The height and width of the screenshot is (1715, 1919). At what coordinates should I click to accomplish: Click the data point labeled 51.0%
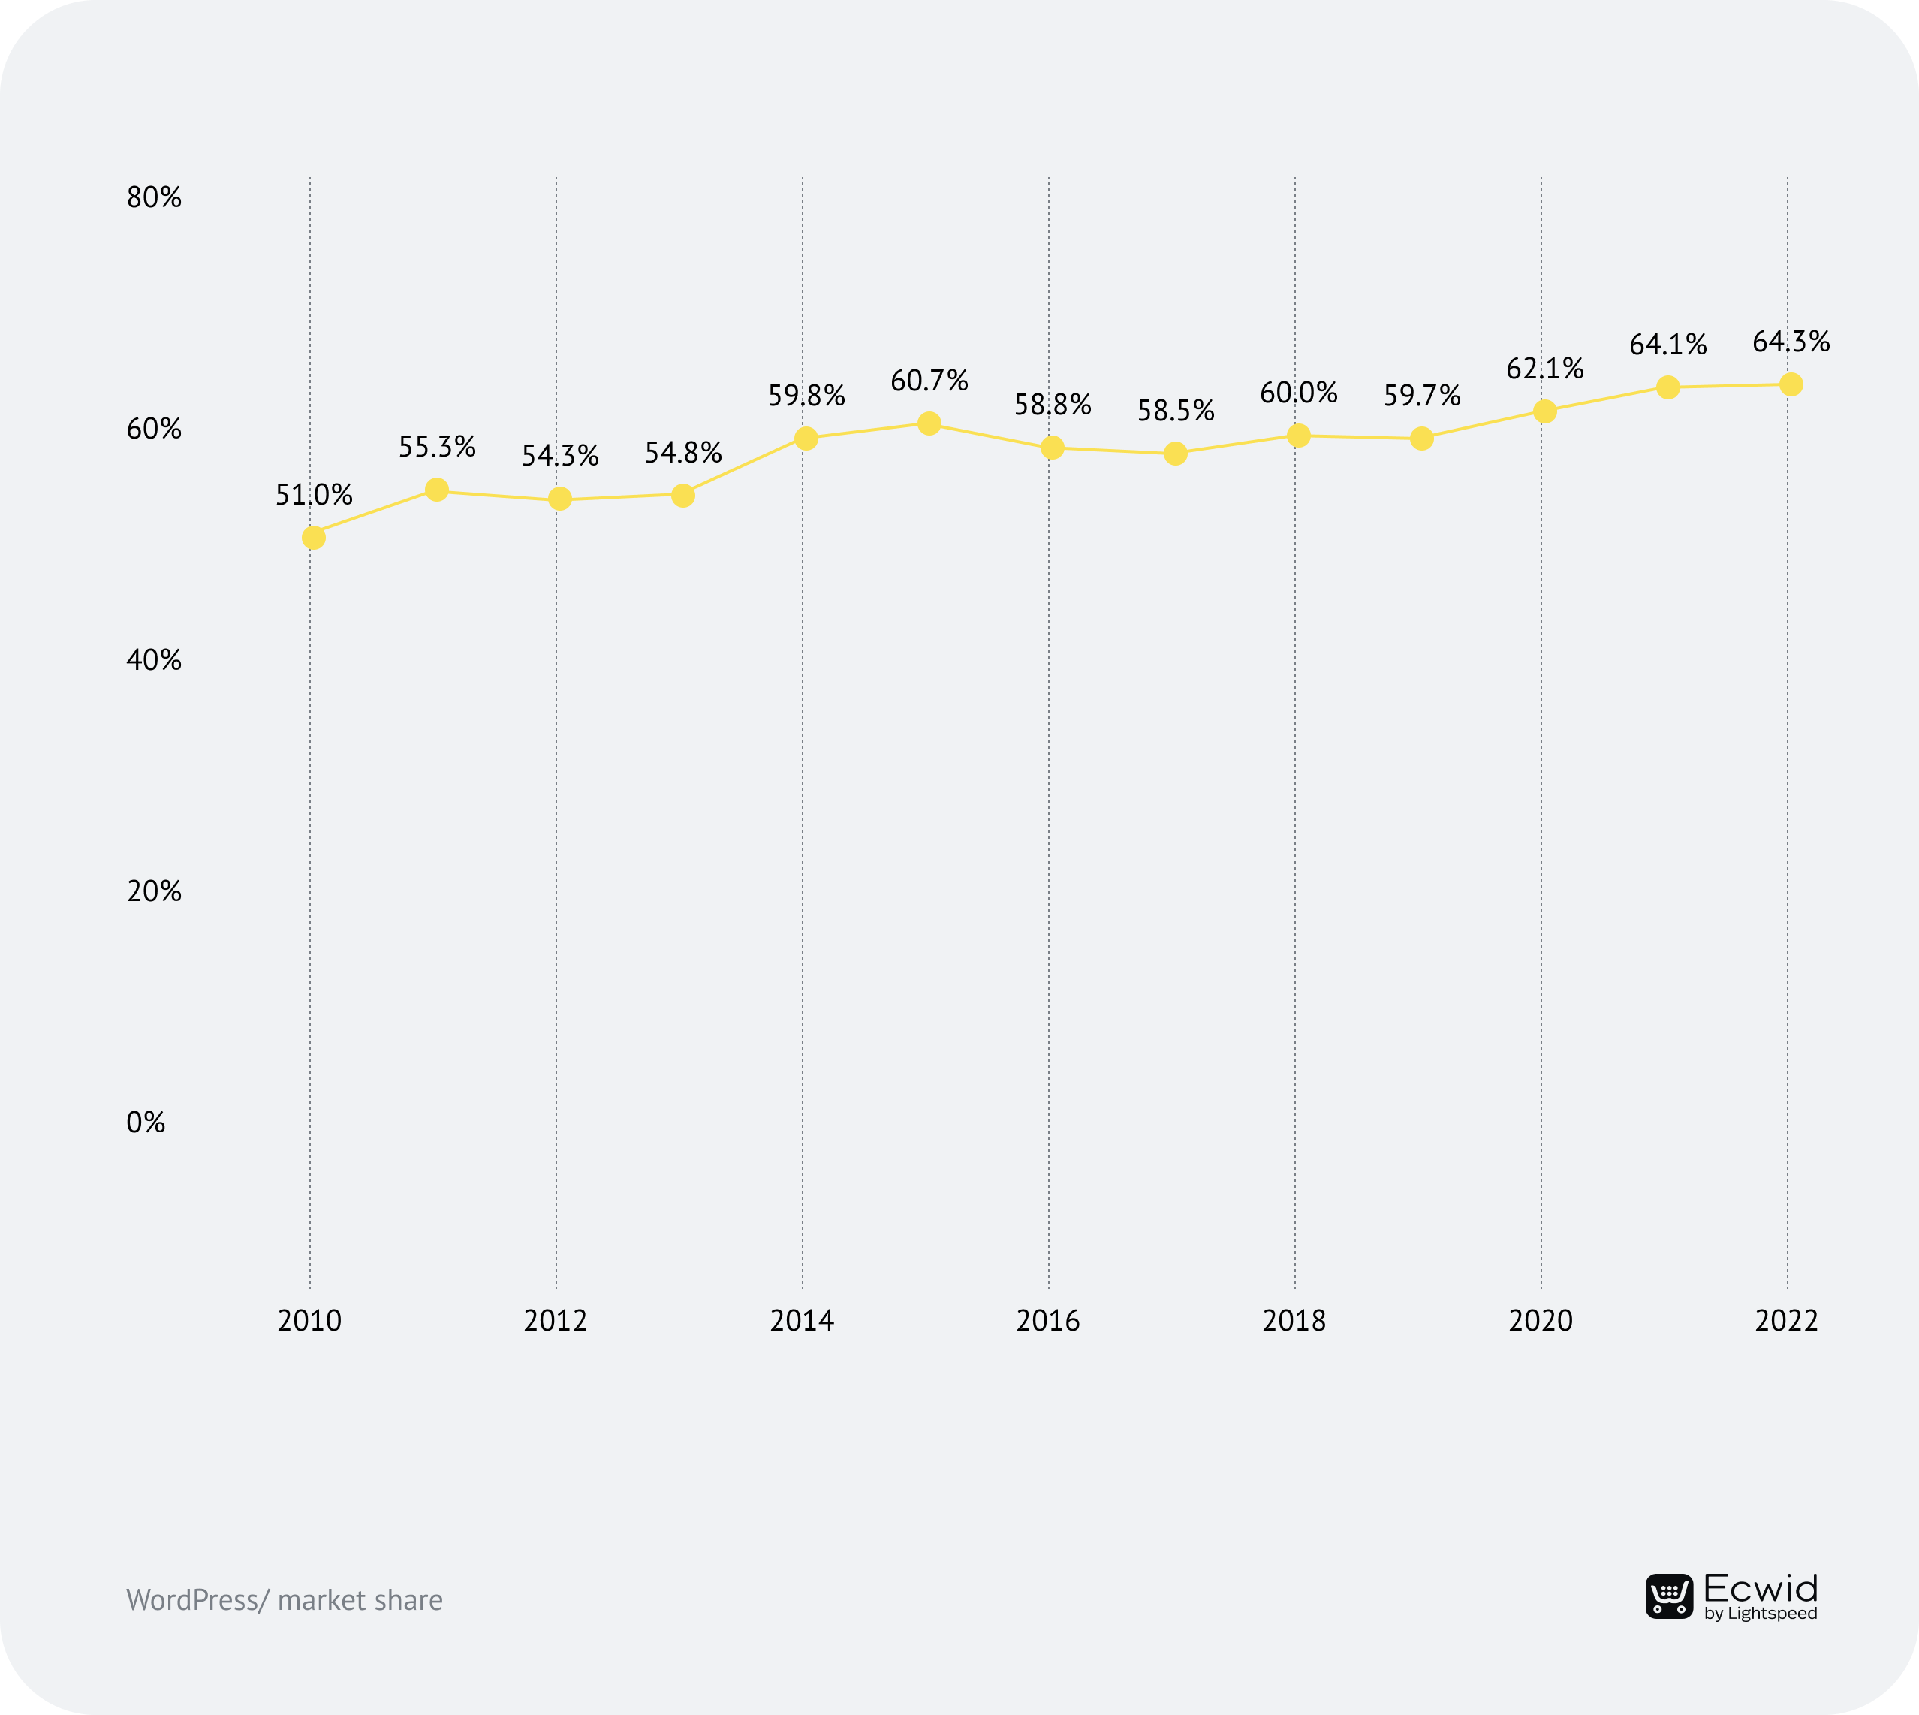[x=314, y=537]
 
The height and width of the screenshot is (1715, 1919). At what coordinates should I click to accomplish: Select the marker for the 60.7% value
[x=929, y=423]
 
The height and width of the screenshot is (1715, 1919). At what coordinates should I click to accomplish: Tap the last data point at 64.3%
[x=1791, y=384]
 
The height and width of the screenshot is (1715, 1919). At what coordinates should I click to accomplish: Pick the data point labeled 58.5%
[x=1175, y=454]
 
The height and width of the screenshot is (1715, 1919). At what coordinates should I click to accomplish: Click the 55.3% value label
[x=436, y=447]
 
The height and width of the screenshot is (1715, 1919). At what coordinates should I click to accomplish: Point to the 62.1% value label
[x=1544, y=369]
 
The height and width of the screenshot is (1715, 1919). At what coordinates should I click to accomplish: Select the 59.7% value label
[x=1421, y=396]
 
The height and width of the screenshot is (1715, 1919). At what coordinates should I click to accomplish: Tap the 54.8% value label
[x=683, y=454]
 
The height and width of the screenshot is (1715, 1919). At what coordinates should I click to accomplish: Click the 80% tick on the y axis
[x=154, y=198]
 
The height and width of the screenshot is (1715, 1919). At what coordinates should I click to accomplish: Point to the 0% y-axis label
[x=146, y=1123]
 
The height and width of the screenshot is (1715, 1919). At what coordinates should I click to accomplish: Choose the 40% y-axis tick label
[x=154, y=659]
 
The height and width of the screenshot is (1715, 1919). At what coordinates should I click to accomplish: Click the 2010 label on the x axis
[x=310, y=1321]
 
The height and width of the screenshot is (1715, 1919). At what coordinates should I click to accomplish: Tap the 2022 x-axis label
[x=1786, y=1321]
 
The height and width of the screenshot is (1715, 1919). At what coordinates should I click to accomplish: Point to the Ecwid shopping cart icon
[x=1668, y=1596]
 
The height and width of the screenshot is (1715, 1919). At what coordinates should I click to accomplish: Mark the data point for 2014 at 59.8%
[x=806, y=439]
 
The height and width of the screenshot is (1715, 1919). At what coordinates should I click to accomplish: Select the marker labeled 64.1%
[x=1667, y=387]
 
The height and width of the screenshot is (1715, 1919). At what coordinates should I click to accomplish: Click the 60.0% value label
[x=1298, y=393]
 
